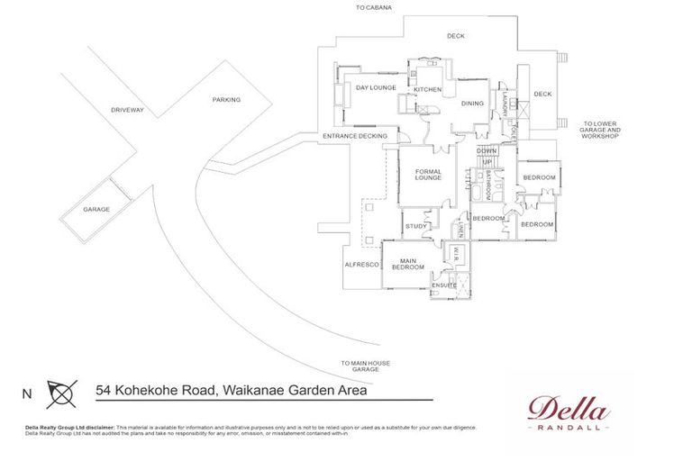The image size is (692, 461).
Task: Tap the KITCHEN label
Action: point(427,90)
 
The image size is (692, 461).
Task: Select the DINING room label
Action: point(472,104)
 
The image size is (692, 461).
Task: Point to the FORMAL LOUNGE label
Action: point(428,174)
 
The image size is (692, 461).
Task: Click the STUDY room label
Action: point(415,226)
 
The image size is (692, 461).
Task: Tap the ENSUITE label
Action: point(444,285)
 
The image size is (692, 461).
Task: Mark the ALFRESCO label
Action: point(360,265)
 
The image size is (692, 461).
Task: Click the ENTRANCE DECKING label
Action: point(354,136)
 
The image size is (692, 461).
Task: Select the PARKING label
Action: point(226,100)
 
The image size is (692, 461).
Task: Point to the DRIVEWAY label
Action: point(127,110)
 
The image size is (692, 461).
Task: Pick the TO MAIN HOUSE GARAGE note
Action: point(366,366)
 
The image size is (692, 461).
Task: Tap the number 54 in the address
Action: point(106,391)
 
